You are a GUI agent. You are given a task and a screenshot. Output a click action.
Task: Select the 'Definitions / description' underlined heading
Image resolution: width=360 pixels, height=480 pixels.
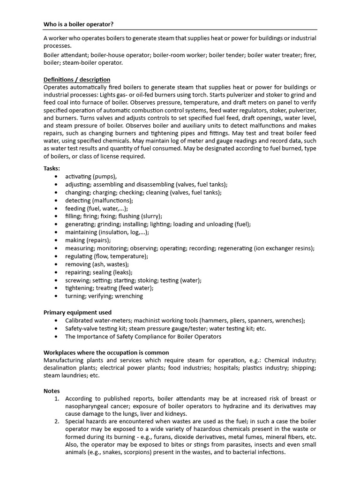(x=77, y=80)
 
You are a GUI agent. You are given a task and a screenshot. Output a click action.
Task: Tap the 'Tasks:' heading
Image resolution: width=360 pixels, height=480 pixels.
(x=52, y=168)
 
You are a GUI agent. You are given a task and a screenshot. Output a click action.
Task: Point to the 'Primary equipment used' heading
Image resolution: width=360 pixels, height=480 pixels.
(x=77, y=312)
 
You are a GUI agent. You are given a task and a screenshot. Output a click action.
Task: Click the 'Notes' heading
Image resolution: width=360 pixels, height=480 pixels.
(x=52, y=390)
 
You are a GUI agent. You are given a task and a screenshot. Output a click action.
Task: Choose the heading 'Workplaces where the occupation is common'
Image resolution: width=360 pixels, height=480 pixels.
(x=106, y=352)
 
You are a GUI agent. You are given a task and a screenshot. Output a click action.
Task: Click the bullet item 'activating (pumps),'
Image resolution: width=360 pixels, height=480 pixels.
(x=91, y=176)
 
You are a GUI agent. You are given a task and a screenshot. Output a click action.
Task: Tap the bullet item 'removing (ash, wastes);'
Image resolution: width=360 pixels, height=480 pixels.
(x=97, y=264)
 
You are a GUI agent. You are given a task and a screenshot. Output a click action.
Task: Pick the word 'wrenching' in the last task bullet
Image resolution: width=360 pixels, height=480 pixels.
(x=128, y=296)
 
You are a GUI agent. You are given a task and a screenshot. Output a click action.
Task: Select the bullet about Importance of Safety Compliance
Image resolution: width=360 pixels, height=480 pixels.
(x=143, y=337)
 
